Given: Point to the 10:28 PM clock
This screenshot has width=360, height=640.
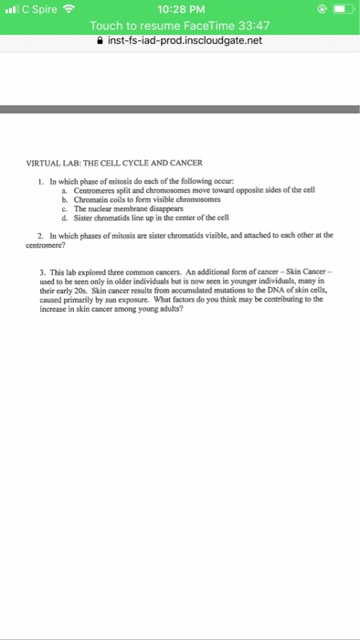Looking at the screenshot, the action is click(x=179, y=9).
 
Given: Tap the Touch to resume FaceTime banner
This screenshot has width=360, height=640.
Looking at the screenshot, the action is click(x=179, y=27).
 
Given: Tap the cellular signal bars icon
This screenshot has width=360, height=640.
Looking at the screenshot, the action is click(x=12, y=9).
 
